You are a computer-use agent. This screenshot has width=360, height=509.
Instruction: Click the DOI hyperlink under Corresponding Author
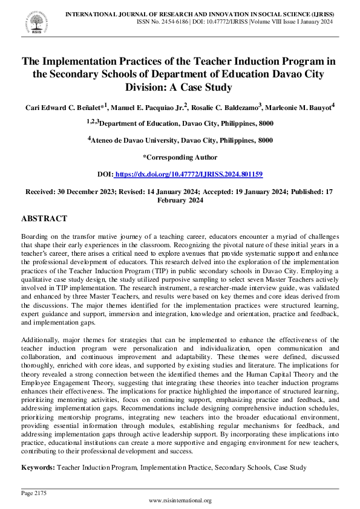(x=188, y=174)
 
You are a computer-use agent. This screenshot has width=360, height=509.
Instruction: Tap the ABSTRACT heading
(x=44, y=218)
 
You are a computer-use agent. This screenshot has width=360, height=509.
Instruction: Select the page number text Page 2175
(x=34, y=493)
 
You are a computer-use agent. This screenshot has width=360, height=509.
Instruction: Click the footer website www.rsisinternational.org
(x=180, y=501)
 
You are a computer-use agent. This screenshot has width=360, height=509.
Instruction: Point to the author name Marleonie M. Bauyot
(x=299, y=108)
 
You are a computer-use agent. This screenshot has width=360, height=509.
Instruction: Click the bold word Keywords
(x=38, y=467)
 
